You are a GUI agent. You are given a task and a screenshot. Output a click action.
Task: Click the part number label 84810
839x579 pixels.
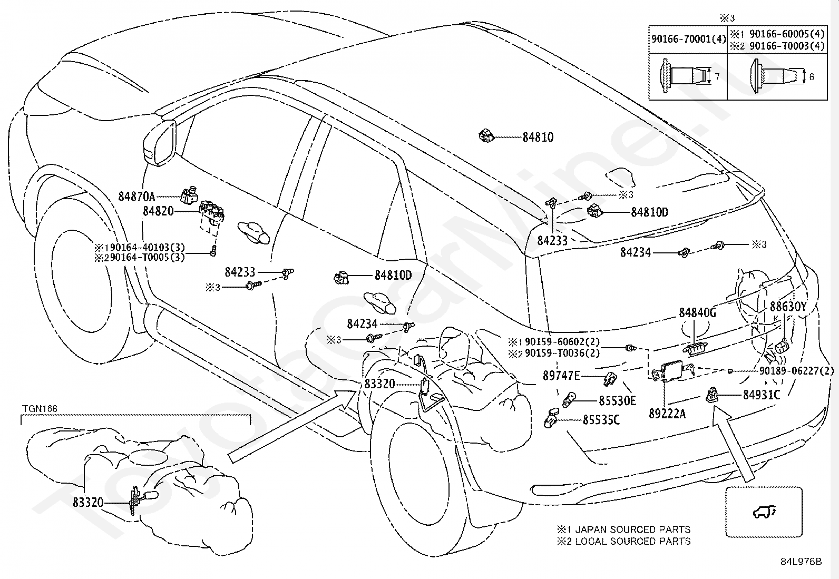[x=538, y=138]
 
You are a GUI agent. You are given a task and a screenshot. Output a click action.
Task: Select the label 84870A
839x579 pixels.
[x=136, y=197]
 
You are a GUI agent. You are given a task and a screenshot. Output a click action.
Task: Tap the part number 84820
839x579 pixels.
[x=158, y=211]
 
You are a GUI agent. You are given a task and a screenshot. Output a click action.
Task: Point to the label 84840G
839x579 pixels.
[x=697, y=313]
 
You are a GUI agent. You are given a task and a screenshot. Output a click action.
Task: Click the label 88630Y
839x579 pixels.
[x=788, y=307]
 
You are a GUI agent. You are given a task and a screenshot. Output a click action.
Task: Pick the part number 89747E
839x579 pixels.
[x=561, y=376]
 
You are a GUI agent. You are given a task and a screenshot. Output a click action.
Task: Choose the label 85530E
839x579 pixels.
[x=617, y=401]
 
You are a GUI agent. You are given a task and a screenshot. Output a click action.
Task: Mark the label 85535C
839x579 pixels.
[x=601, y=420]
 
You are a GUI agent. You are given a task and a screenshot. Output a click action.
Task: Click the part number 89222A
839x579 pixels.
[x=667, y=414]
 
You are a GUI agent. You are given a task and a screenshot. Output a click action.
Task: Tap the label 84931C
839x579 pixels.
[x=761, y=395]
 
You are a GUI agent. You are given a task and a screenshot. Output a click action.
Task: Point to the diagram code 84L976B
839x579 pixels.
[x=801, y=562]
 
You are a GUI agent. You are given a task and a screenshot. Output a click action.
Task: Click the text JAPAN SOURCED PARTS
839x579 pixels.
[x=632, y=529]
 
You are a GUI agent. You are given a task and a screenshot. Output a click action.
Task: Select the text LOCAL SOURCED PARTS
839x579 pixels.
[x=632, y=541]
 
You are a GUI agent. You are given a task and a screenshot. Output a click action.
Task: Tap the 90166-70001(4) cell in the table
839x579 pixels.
[x=688, y=38]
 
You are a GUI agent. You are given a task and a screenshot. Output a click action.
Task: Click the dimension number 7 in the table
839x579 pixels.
[x=717, y=77]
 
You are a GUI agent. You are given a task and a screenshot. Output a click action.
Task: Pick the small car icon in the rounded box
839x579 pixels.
[x=763, y=512]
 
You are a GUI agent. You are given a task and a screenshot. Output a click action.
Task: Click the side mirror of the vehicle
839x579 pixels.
[x=160, y=143]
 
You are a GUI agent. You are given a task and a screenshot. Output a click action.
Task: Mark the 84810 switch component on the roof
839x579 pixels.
[x=485, y=136]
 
